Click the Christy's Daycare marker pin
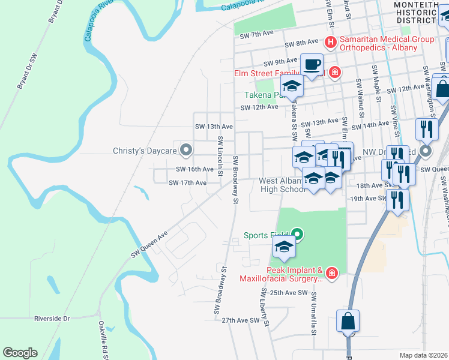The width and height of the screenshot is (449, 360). point(186,151)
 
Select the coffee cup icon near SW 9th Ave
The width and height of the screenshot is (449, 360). point(312,65)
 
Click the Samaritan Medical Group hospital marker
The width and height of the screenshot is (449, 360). point(330,43)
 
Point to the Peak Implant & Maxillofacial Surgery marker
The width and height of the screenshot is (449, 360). point(332,274)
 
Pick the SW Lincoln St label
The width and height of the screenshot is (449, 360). point(220,157)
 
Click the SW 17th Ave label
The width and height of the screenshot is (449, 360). point(187,182)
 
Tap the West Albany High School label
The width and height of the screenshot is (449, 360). point(283,185)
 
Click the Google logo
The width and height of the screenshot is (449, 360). point(20,353)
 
